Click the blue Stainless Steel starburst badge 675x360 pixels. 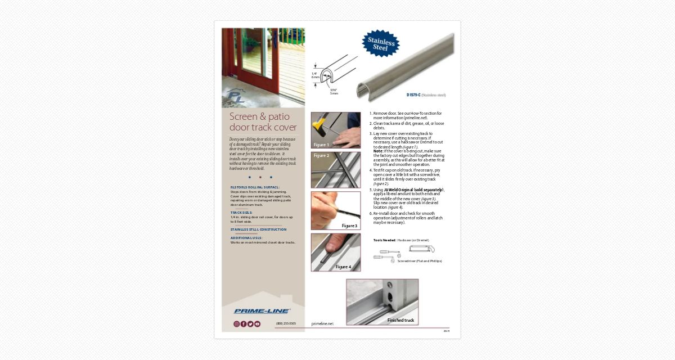pos(381,44)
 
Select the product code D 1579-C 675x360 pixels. pos(416,95)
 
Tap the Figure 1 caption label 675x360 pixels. pos(321,145)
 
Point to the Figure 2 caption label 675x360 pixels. pos(321,156)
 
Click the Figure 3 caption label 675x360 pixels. pos(349,226)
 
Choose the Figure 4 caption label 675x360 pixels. pos(343,267)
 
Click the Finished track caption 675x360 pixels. pos(400,320)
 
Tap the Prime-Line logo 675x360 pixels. pos(262,311)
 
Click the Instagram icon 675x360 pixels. pos(237,324)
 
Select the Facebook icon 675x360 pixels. pos(244,324)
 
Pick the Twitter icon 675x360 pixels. pos(250,324)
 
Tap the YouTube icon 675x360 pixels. pos(257,324)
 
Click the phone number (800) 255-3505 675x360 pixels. pos(286,323)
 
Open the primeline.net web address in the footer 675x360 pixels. pos(322,323)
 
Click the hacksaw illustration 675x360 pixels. pos(422,248)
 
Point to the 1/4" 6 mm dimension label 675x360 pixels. pos(315,75)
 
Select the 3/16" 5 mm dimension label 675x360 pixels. pos(334,91)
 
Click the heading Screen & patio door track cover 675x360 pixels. pos(263,121)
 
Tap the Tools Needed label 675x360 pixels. pos(385,240)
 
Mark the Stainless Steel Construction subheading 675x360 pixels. pos(258,229)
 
